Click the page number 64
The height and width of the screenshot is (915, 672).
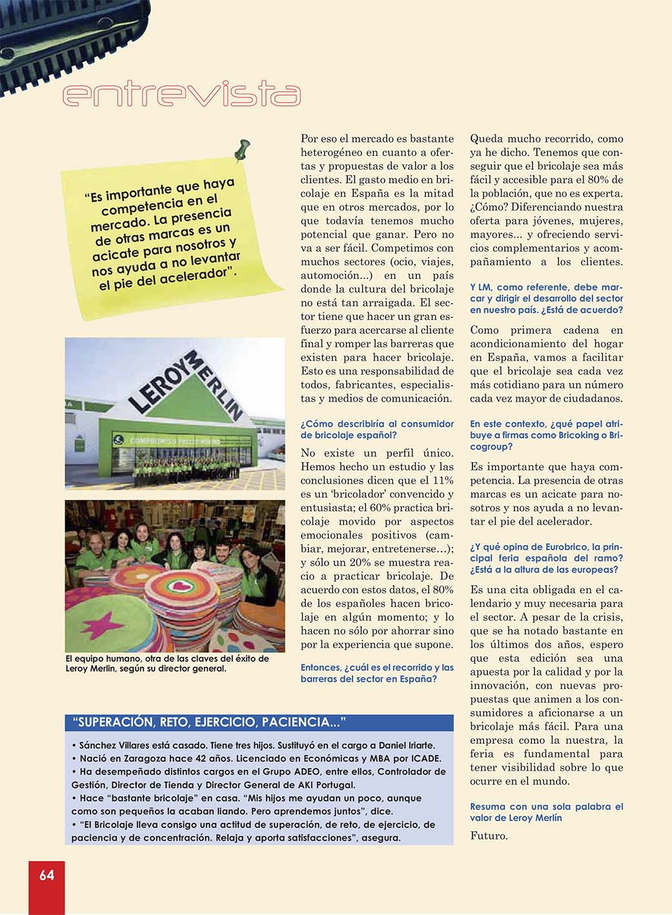(46, 875)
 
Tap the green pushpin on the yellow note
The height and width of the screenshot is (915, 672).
(241, 151)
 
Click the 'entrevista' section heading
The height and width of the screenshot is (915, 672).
(181, 94)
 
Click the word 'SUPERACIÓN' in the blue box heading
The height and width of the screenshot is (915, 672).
(111, 722)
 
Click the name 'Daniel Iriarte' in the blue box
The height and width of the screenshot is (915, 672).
(406, 745)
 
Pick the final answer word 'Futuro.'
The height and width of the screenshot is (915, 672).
(489, 836)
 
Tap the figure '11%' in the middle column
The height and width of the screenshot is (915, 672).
(442, 480)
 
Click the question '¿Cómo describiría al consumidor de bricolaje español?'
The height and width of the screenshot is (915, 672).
(377, 429)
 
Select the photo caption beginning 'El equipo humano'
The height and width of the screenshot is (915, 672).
(167, 663)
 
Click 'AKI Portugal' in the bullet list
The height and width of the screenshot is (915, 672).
(325, 785)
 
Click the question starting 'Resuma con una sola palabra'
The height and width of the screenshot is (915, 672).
(546, 812)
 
